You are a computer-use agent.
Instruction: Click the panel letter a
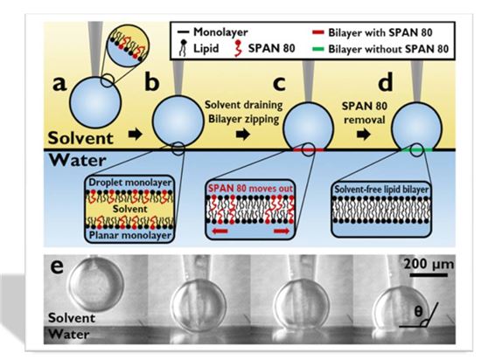(59, 84)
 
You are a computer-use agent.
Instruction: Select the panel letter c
(279, 84)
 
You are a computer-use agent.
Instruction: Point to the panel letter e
(57, 267)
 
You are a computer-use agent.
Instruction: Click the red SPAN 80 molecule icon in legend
(237, 48)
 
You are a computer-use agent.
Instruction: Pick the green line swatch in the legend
(317, 49)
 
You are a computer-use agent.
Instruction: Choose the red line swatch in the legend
(317, 32)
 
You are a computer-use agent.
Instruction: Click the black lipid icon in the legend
(183, 49)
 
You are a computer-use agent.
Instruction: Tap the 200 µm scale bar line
(429, 275)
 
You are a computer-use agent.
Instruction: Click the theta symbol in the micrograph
(418, 312)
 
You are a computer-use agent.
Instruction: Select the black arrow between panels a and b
(135, 134)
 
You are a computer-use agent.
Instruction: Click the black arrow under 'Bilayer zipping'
(243, 135)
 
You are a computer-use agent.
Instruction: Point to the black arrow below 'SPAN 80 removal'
(364, 135)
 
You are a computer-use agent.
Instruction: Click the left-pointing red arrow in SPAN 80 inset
(220, 231)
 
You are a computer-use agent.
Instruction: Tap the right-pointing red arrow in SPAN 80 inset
(282, 231)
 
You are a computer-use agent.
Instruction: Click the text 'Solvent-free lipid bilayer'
(381, 190)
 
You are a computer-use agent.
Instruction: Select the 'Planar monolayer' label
(129, 235)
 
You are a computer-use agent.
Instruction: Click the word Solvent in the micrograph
(72, 318)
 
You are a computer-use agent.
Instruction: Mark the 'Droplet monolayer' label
(130, 183)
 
